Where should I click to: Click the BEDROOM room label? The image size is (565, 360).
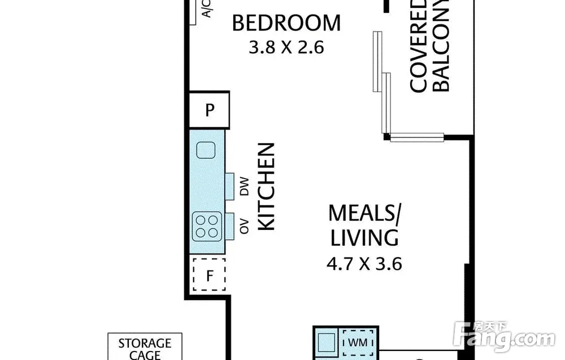tap(286, 23)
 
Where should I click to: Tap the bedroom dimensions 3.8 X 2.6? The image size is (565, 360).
tap(286, 47)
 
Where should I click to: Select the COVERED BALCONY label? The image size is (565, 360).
tap(429, 46)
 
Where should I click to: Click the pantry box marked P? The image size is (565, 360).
tap(210, 110)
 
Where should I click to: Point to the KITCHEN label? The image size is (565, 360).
tap(267, 186)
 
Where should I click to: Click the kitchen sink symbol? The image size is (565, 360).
tap(206, 150)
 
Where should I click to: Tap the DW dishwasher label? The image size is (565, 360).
tap(244, 186)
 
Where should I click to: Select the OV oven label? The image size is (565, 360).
tap(244, 226)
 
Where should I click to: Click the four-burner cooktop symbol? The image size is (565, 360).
tap(207, 226)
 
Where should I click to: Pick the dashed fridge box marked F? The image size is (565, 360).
tap(210, 275)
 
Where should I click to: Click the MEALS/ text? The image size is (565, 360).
tap(364, 213)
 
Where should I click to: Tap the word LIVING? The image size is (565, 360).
tap(364, 237)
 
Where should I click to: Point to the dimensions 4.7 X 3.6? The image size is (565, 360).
tap(364, 264)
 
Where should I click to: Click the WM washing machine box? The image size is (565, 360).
tap(358, 342)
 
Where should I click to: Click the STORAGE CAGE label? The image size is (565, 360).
tap(145, 349)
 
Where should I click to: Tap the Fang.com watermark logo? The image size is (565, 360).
tap(504, 337)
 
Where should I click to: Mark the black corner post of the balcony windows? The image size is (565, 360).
tap(386, 137)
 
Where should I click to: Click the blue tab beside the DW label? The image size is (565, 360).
tap(229, 186)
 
